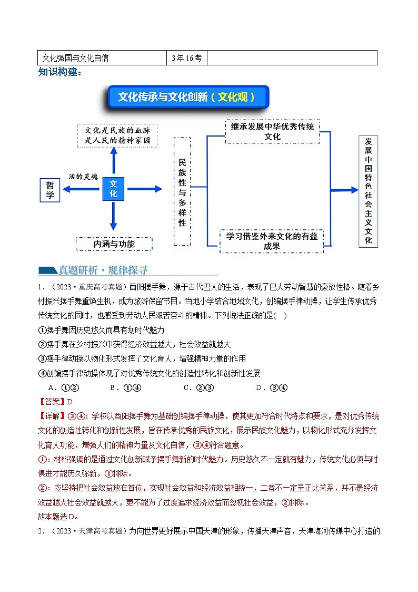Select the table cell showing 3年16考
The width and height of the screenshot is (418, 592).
186,58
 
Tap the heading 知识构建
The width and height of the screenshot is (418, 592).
60,72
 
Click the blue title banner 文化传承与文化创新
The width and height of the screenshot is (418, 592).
187,97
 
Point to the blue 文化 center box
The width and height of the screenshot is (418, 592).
113,189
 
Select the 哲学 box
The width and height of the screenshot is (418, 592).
50,190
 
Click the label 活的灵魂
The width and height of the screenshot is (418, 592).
83,177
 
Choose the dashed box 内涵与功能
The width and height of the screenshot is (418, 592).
114,244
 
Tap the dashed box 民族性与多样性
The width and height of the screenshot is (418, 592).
182,191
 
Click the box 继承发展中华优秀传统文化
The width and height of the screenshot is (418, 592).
272,132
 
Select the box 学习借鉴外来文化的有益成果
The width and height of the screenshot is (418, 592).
272,241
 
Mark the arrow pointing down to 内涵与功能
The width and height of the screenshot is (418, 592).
113,216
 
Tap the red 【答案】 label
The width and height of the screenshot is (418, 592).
49,402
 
